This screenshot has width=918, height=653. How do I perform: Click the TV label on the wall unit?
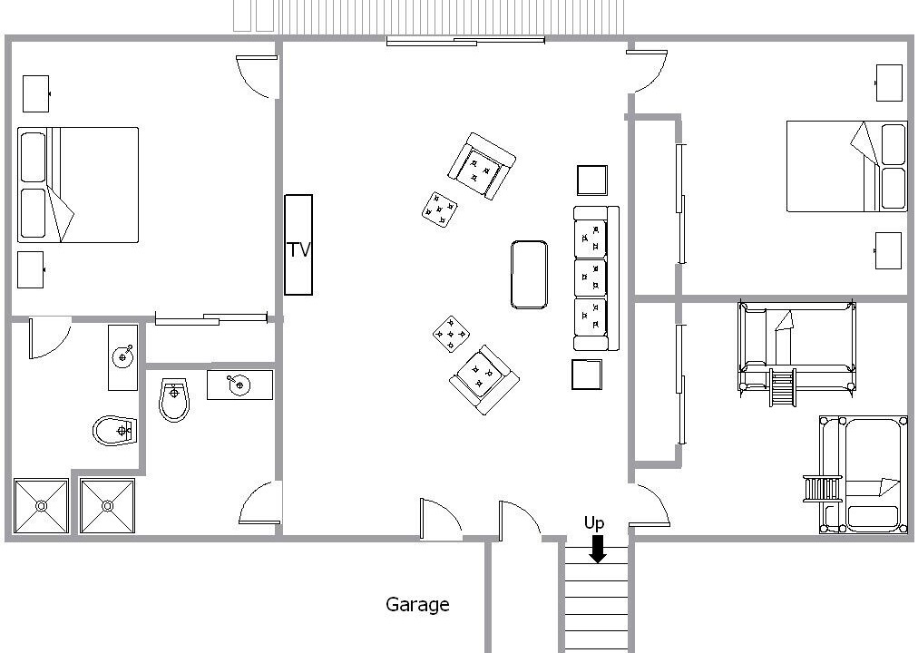298,249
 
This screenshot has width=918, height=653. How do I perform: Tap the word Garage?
417,604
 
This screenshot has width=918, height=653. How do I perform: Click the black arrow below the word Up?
597,550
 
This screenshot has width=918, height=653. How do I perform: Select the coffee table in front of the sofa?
529,275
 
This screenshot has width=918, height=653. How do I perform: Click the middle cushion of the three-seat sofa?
590,278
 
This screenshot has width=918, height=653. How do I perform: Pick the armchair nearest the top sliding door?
482,166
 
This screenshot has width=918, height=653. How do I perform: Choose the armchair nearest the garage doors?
484,379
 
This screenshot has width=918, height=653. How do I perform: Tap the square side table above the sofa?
592,180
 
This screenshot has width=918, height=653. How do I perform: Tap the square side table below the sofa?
587,375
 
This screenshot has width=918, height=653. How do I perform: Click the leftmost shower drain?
41,505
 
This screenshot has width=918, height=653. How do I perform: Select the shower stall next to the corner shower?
108,506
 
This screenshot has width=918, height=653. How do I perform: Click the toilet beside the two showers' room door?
114,431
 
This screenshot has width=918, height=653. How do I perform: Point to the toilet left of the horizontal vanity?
174,400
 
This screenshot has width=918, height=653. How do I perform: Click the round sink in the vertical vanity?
123,356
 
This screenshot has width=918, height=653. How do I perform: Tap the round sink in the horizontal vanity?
239,385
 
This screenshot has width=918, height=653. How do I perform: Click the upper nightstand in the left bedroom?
35,93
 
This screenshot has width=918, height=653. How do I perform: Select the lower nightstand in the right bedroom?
888,251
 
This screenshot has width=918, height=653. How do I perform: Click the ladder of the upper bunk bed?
782,387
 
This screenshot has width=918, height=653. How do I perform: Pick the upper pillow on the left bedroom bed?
33,158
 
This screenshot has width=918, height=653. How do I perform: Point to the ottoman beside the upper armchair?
440,210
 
